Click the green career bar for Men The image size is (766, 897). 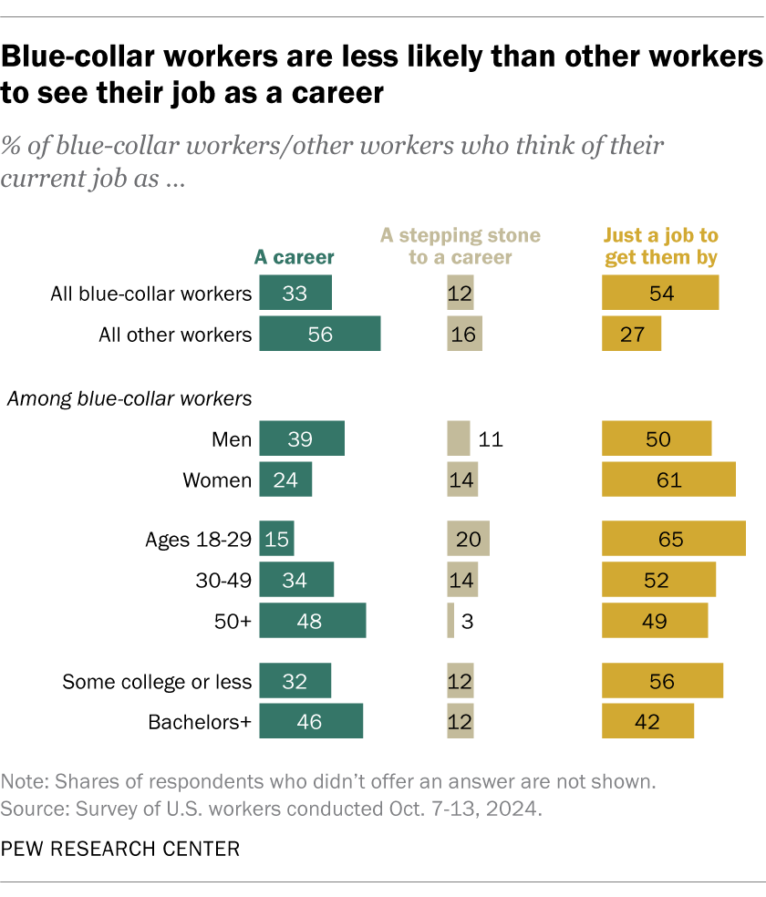pyautogui.click(x=302, y=438)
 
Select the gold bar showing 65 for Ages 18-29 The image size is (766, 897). pyautogui.click(x=673, y=538)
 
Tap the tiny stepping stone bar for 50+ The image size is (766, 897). pyautogui.click(x=450, y=621)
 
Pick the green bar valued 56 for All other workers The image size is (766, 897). pyautogui.click(x=319, y=335)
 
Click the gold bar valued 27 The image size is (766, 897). pyautogui.click(x=631, y=335)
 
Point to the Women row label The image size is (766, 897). pyautogui.click(x=217, y=479)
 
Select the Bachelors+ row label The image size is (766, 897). pyautogui.click(x=200, y=722)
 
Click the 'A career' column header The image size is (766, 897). pyautogui.click(x=294, y=258)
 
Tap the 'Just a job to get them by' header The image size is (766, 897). pyautogui.click(x=660, y=247)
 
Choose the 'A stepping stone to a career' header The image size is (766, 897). pyautogui.click(x=461, y=247)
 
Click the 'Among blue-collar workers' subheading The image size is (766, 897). pyautogui.click(x=129, y=397)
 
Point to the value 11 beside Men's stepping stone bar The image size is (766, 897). pyautogui.click(x=491, y=439)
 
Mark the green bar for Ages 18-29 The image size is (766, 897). pyautogui.click(x=276, y=538)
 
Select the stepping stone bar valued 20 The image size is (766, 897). pyautogui.click(x=468, y=538)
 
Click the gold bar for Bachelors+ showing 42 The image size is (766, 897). pyautogui.click(x=647, y=721)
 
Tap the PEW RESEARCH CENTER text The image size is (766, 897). pyautogui.click(x=120, y=849)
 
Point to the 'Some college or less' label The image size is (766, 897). pyautogui.click(x=156, y=681)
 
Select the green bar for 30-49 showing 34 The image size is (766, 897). pyautogui.click(x=296, y=579)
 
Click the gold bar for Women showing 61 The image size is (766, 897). pyautogui.click(x=668, y=479)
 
